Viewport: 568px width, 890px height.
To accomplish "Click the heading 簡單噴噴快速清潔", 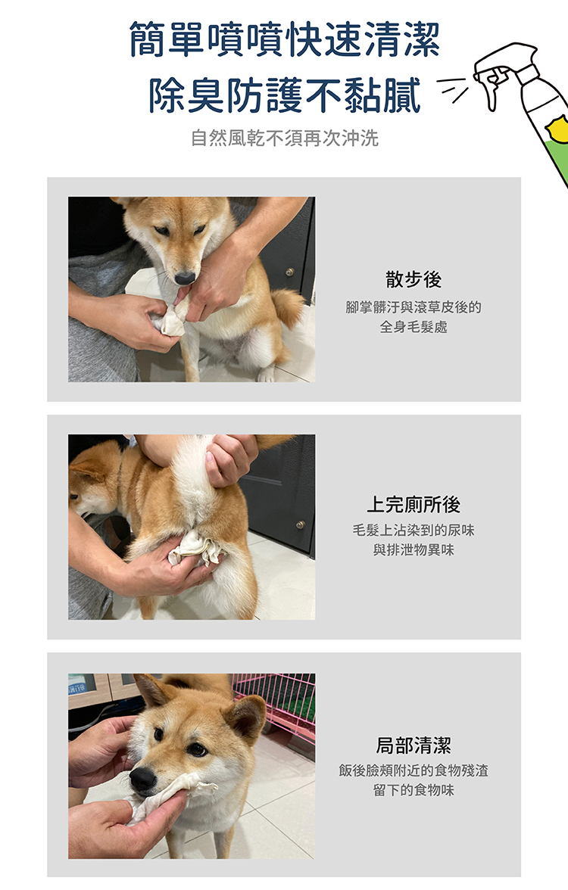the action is click(x=285, y=39).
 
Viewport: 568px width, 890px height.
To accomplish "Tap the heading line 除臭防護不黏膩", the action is click(x=285, y=95).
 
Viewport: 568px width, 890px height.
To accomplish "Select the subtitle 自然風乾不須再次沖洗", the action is click(x=285, y=138).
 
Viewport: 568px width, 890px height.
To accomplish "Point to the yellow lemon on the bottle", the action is click(x=557, y=129).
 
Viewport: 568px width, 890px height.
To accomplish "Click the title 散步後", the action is click(x=414, y=279).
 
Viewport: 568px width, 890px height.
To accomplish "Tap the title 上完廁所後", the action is click(x=414, y=504).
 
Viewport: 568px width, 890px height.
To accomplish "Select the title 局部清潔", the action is click(x=414, y=745).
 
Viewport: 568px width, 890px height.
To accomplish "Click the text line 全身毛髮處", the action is click(x=414, y=327).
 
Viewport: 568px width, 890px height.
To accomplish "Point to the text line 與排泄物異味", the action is click(x=414, y=550).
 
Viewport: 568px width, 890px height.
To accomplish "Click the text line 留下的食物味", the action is click(x=414, y=790).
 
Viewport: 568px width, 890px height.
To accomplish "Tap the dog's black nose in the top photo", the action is click(x=185, y=279).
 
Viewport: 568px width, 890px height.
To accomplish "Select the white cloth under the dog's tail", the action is click(x=196, y=548).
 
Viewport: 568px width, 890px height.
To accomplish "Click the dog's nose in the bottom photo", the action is click(x=142, y=780).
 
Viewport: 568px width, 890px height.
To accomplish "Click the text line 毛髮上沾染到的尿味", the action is click(x=414, y=530).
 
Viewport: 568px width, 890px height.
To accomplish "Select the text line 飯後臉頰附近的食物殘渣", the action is click(x=414, y=770).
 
